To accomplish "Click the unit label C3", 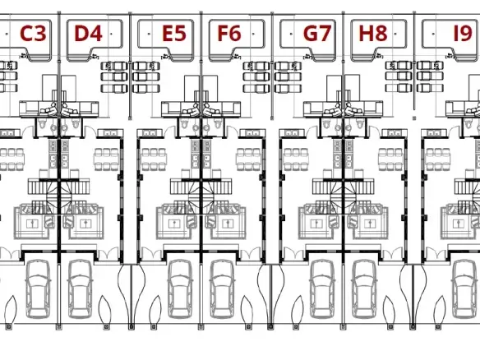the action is pos(33,34).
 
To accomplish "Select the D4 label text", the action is pos(88,34).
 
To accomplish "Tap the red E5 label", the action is pos(174,34).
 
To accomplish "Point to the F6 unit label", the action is pos(229,34).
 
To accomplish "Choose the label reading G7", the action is pos(317,34).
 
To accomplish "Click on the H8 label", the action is pos(373,34).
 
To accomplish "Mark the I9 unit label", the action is pos(462,34).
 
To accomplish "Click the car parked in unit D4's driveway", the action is pos(80,289).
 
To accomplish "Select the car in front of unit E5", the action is pos(181,289).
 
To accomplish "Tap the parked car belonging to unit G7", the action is pos(323,289).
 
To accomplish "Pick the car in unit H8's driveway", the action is pos(365,289).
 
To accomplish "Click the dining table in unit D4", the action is pos(106,159).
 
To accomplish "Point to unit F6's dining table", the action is pos(248,159).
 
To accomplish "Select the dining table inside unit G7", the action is pos(296,159).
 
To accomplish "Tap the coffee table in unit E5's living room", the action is pos(174,224).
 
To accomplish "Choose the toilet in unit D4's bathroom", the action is pos(76,124).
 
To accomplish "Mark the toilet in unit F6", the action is pos(217,124).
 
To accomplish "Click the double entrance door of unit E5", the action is pos(152,254).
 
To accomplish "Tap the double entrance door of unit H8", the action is pos(393,254).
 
